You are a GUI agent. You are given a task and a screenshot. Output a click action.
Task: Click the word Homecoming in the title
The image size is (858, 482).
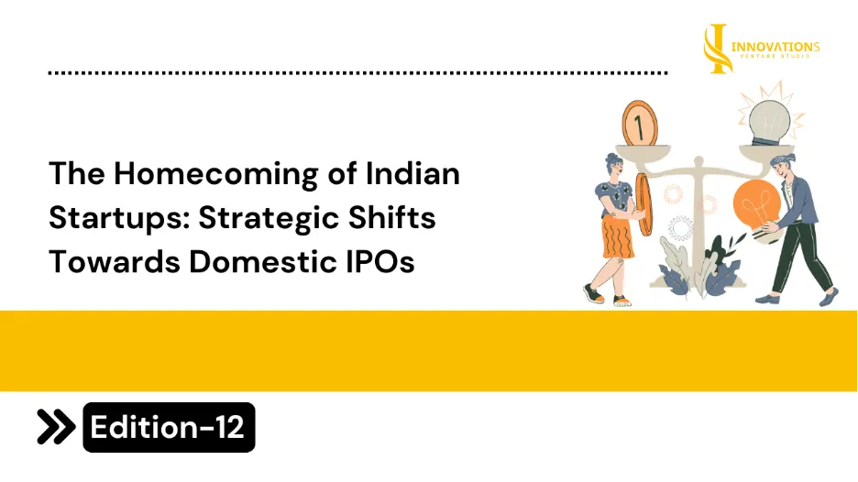215,175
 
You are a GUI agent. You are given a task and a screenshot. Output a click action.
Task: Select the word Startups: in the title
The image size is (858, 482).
119,219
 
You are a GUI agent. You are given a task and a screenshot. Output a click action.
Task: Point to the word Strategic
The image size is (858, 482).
269,219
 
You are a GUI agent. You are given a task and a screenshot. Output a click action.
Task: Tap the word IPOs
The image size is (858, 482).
379,261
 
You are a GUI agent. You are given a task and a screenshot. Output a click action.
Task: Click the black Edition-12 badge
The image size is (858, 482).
169,427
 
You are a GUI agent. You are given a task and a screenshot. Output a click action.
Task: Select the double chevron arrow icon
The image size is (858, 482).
56,426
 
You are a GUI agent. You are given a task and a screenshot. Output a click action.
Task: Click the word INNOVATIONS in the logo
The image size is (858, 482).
775,47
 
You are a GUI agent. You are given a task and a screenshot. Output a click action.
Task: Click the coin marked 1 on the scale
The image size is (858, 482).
640,124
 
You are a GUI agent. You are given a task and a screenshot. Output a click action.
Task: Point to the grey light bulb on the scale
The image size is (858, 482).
769,123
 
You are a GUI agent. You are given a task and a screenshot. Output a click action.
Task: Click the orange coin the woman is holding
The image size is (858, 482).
644,204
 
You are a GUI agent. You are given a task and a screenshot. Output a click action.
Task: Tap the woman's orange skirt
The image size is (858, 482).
617,236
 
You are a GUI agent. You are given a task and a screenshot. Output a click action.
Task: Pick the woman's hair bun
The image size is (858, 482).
610,158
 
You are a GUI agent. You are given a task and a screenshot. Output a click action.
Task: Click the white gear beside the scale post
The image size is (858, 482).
680,227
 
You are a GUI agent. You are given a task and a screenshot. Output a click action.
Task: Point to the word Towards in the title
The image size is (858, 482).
115,261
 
